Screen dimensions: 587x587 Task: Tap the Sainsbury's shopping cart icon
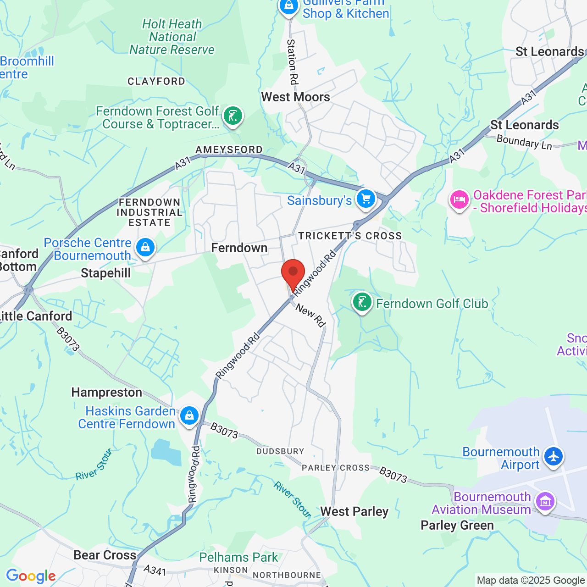tap(365, 199)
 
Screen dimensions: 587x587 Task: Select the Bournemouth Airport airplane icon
tap(554, 457)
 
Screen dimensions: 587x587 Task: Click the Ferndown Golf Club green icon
tap(362, 302)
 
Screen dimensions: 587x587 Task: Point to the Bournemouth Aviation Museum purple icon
tap(545, 502)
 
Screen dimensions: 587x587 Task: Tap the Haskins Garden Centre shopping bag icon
tap(189, 416)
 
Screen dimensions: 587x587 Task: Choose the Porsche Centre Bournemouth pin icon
tap(145, 248)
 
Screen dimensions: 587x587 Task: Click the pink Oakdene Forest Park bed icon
tap(459, 200)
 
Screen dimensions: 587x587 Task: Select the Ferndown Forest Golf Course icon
tap(233, 116)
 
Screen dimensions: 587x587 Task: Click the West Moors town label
tap(295, 97)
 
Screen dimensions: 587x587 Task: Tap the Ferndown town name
tap(239, 248)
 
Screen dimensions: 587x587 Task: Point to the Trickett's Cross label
tap(350, 236)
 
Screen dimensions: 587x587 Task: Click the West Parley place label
tap(354, 512)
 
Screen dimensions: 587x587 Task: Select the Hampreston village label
tap(106, 393)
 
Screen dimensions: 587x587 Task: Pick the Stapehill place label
tap(106, 273)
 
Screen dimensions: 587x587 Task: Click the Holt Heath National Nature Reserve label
tap(172, 37)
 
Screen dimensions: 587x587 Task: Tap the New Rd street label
tap(310, 316)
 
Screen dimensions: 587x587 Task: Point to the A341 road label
tap(155, 570)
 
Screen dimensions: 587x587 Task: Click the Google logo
tap(31, 576)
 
